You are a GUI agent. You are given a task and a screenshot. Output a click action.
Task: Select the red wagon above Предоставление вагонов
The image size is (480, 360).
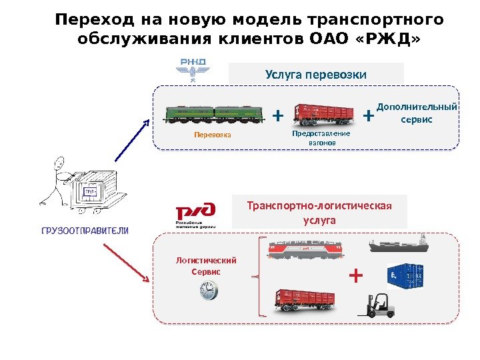[x=324, y=115]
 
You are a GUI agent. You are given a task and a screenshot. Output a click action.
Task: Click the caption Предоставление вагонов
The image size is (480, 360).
[x=321, y=138]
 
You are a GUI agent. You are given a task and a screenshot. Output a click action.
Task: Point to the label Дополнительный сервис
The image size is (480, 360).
[x=417, y=113]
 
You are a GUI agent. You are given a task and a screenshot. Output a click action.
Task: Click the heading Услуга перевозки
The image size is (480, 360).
[x=316, y=74]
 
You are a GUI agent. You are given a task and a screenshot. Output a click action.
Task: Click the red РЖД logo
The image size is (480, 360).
[x=195, y=215]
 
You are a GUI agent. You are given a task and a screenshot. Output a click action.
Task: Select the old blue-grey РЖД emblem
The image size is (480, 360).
[x=192, y=69]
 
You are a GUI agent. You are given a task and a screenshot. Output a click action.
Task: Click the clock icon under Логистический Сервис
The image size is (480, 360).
[x=208, y=289]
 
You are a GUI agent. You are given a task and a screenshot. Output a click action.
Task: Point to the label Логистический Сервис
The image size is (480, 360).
[x=205, y=266]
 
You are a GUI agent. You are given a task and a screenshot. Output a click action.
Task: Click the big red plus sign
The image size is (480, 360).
[x=357, y=275]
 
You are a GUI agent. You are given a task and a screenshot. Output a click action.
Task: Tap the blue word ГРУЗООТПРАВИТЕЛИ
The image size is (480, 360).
[x=85, y=231]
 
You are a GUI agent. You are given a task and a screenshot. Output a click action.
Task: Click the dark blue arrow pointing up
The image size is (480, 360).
[x=133, y=139]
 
